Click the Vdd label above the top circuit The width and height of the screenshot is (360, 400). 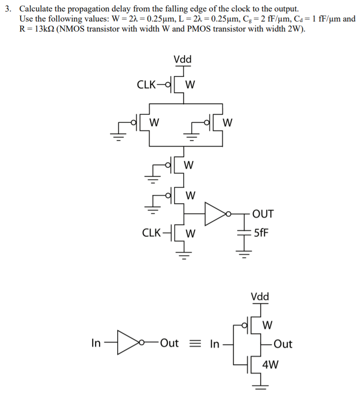[182, 60]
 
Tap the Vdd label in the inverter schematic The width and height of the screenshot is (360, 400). [260, 296]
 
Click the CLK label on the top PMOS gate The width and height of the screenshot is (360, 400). [147, 85]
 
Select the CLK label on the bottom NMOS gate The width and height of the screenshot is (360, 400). [152, 233]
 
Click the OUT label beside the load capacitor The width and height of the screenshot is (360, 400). [263, 213]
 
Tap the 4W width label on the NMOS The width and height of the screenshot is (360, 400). [270, 366]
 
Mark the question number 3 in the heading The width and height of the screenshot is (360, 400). [7, 9]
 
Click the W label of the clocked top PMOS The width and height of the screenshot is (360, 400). [190, 86]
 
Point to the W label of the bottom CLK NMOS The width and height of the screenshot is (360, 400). [190, 234]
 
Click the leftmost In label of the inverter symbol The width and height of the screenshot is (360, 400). [96, 344]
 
